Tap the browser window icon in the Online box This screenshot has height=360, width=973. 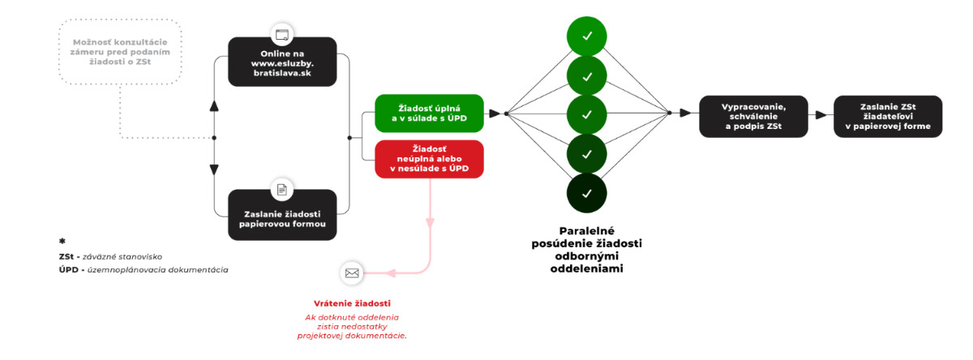click(281, 36)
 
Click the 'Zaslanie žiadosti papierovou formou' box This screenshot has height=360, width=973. click(281, 214)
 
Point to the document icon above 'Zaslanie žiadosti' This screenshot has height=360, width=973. click(281, 189)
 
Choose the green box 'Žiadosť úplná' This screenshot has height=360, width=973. click(429, 113)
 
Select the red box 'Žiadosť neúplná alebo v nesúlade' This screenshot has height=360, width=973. click(429, 158)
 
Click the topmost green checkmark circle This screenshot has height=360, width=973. click(587, 36)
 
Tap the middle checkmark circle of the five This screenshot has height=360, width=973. click(587, 114)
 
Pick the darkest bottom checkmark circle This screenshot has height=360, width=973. click(587, 193)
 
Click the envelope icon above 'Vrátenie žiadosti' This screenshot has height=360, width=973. click(352, 272)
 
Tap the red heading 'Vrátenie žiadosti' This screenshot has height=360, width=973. click(352, 304)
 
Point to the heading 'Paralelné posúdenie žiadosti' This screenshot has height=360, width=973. click(587, 243)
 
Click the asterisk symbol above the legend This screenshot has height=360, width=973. click(62, 242)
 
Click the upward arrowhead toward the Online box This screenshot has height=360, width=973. click(214, 106)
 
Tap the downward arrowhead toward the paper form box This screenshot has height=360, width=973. click(214, 169)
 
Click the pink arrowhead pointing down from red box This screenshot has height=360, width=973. click(430, 223)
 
